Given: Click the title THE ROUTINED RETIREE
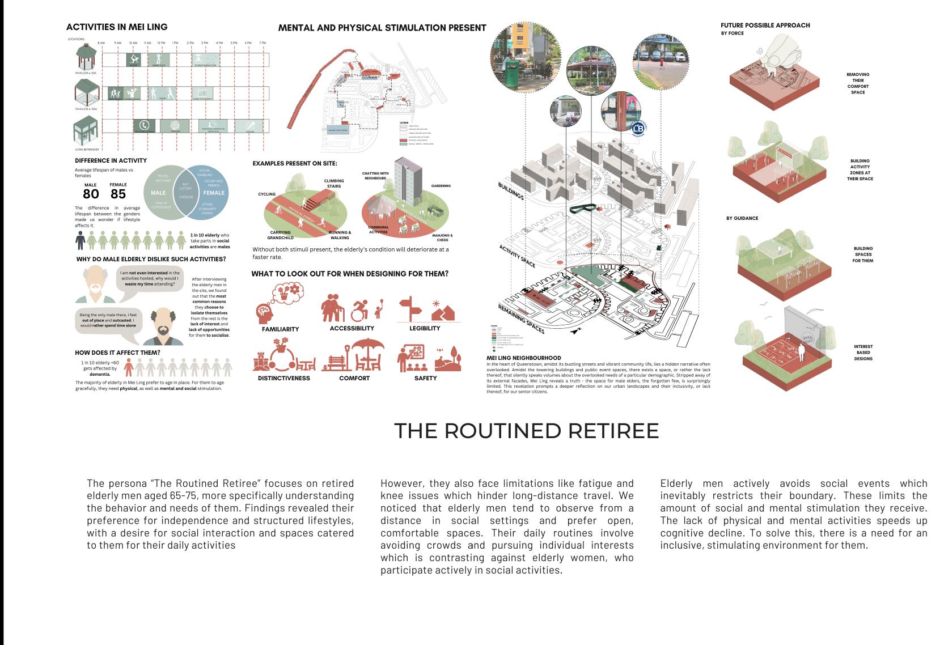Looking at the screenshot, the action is (x=526, y=431).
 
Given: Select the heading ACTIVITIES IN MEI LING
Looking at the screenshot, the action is (x=117, y=27).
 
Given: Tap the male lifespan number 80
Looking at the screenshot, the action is (x=91, y=194).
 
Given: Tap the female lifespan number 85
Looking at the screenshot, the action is (x=118, y=194).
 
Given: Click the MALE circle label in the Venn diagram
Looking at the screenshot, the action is (x=158, y=193).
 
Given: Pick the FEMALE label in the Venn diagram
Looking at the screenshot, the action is (x=214, y=193).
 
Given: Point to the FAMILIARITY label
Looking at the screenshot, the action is (x=280, y=329).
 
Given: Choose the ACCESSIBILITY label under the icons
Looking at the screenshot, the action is (x=352, y=329).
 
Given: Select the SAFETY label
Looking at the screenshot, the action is (x=425, y=378).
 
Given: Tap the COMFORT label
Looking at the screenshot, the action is (x=354, y=378).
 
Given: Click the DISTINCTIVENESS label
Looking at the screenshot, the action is (x=284, y=378).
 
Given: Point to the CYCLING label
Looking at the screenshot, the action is (x=266, y=194).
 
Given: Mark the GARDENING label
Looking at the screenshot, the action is (x=441, y=186).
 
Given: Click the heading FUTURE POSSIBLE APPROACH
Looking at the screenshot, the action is (x=765, y=25).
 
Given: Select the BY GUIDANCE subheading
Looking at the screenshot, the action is (x=742, y=218).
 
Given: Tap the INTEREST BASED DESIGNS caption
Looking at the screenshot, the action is (x=863, y=353).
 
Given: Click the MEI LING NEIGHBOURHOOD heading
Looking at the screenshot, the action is (x=523, y=358).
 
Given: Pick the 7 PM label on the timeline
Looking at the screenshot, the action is (x=263, y=43).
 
